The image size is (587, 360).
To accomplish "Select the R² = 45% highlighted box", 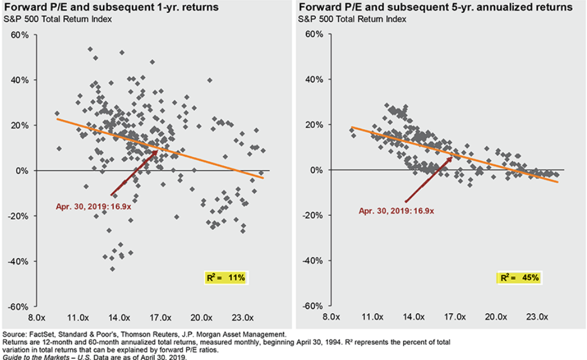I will click(518, 277).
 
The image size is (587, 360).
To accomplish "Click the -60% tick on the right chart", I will click(314, 305).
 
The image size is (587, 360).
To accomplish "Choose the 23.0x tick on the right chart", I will click(538, 317).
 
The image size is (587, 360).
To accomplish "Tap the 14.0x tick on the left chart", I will click(120, 317).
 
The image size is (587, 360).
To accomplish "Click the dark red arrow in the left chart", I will click(134, 173).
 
